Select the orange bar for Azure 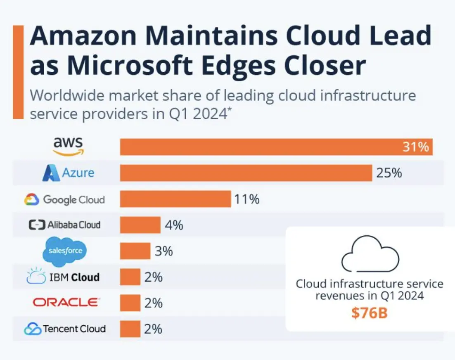click(246, 173)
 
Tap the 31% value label click(415, 147)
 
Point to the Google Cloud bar click(175, 199)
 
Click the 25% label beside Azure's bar click(389, 173)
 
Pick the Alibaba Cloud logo click(64, 225)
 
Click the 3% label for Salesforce click(164, 251)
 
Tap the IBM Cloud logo click(63, 277)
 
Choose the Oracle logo click(66, 303)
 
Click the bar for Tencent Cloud click(130, 329)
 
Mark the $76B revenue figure click(370, 313)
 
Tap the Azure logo click(68, 173)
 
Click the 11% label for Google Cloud click(247, 199)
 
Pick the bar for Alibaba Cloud click(140, 225)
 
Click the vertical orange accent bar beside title click(18, 72)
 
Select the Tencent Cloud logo click(64, 329)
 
